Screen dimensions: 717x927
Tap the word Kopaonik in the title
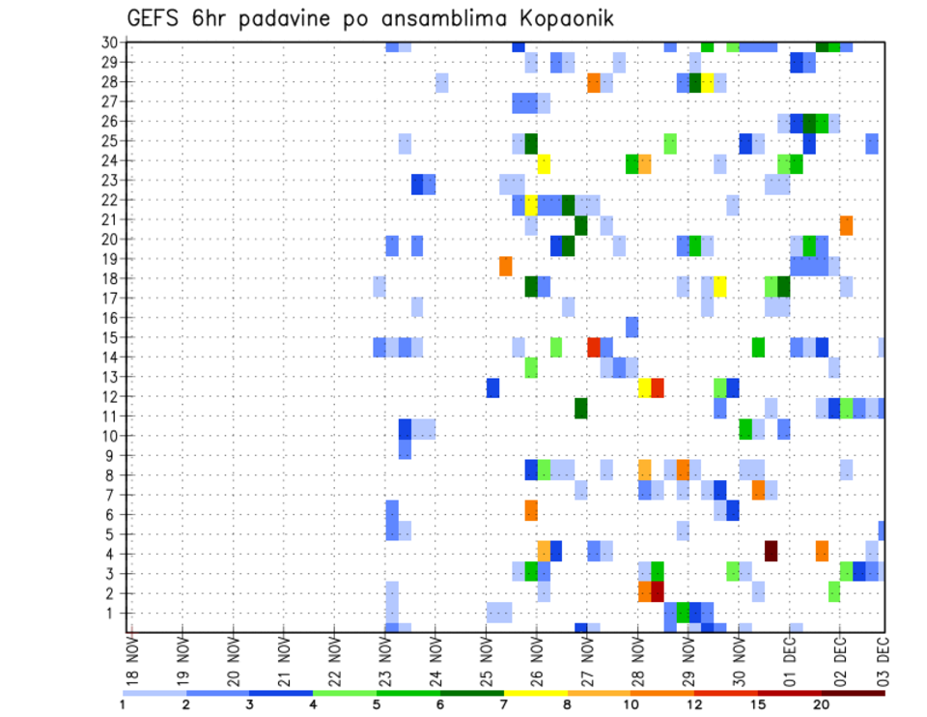click(560, 18)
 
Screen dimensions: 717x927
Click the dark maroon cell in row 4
click(771, 551)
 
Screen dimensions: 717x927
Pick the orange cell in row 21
click(846, 225)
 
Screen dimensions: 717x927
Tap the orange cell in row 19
click(506, 265)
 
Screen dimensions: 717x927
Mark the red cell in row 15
click(594, 346)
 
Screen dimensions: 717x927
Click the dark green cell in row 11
click(581, 408)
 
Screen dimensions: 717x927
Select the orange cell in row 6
click(531, 509)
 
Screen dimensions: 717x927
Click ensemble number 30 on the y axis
click(109, 42)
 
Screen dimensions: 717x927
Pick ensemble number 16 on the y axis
click(109, 318)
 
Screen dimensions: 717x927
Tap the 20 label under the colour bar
click(822, 704)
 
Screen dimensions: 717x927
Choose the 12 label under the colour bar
click(696, 704)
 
